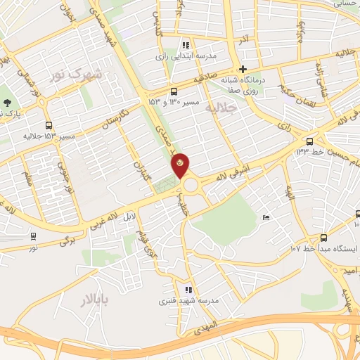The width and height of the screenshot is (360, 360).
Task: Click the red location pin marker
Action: (x=181, y=165)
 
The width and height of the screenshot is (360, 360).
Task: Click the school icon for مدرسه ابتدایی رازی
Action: (x=186, y=44)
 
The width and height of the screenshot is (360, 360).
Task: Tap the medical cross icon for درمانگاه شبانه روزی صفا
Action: (x=242, y=69)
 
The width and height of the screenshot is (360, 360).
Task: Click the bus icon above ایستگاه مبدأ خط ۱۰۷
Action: (x=323, y=238)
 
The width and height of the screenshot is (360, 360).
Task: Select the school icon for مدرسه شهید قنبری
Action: (x=188, y=290)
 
